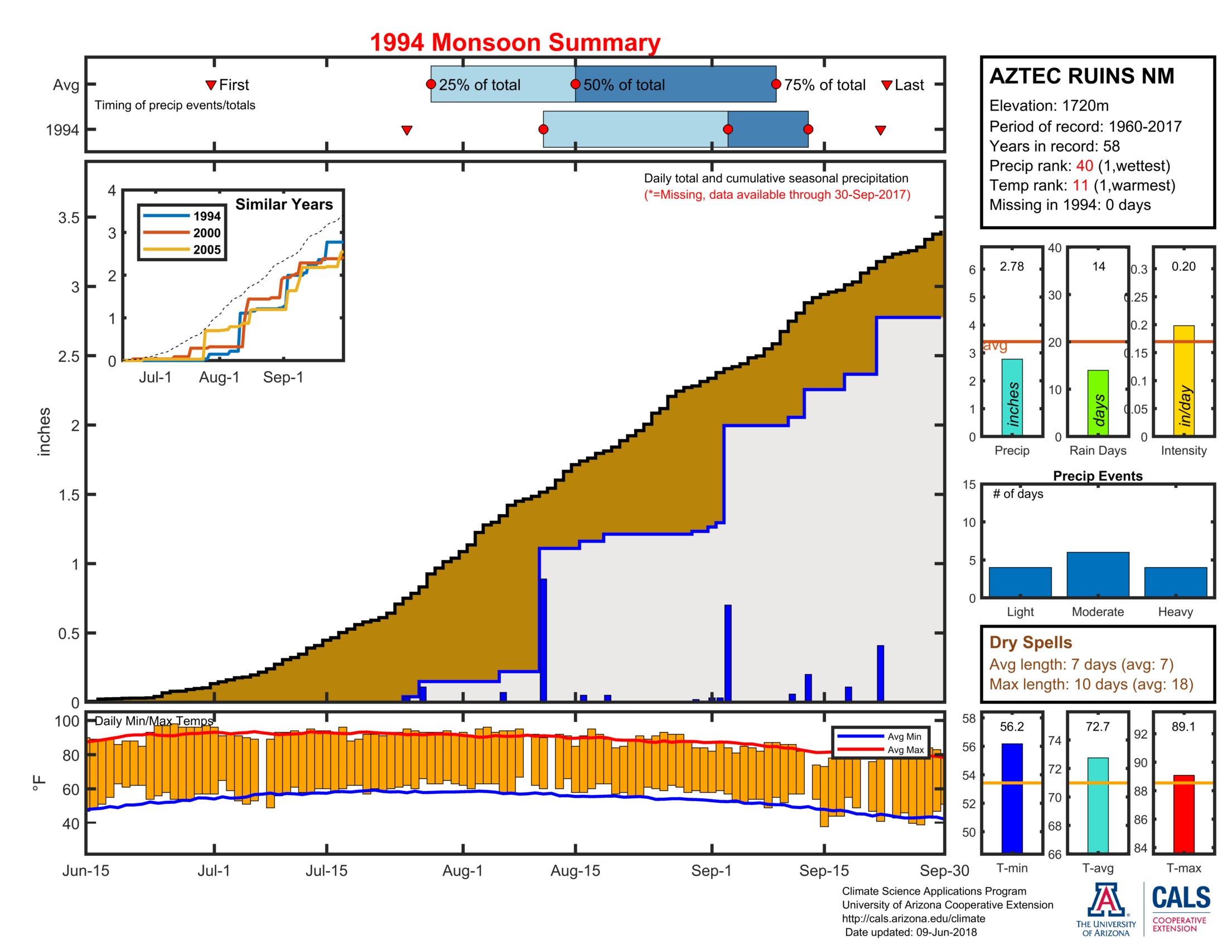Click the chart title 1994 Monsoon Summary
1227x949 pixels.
515,43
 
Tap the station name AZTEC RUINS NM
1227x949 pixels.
1081,76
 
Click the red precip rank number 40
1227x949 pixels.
1084,166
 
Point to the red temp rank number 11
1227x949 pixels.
1080,185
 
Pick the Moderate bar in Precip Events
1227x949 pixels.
1098,574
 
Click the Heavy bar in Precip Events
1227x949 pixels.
1175,582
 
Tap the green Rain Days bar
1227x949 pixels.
1098,402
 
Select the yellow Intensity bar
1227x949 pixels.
1183,380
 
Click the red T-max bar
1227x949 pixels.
1183,813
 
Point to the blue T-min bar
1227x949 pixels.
1012,798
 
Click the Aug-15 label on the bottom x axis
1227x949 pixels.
576,871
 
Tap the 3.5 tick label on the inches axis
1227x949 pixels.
69,218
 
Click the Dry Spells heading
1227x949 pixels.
1030,643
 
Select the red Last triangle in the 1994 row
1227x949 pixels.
880,131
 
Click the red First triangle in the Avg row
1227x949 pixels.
211,85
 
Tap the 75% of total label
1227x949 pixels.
824,85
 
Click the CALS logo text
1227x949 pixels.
1180,898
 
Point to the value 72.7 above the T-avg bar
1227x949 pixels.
1097,727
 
